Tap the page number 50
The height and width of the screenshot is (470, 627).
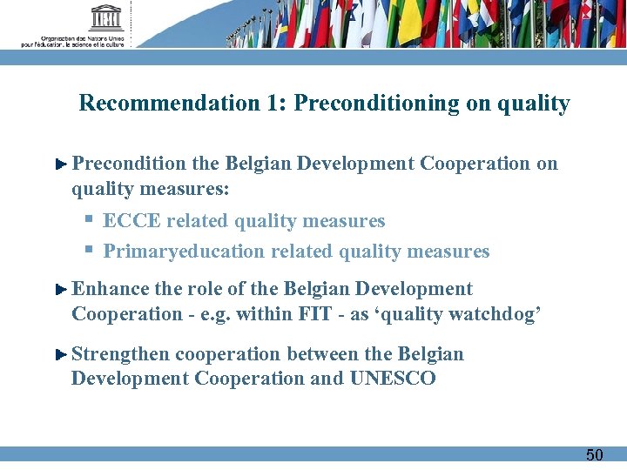point(594,454)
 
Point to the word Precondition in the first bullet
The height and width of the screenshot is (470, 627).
point(129,164)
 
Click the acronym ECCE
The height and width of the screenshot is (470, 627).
point(131,221)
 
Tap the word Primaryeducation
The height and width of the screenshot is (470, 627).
point(184,252)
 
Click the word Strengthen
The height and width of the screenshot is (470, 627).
point(120,354)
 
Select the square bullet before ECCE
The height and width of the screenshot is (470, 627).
point(89,220)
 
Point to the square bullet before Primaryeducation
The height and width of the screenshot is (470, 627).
point(89,251)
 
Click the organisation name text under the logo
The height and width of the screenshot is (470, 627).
point(73,42)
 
